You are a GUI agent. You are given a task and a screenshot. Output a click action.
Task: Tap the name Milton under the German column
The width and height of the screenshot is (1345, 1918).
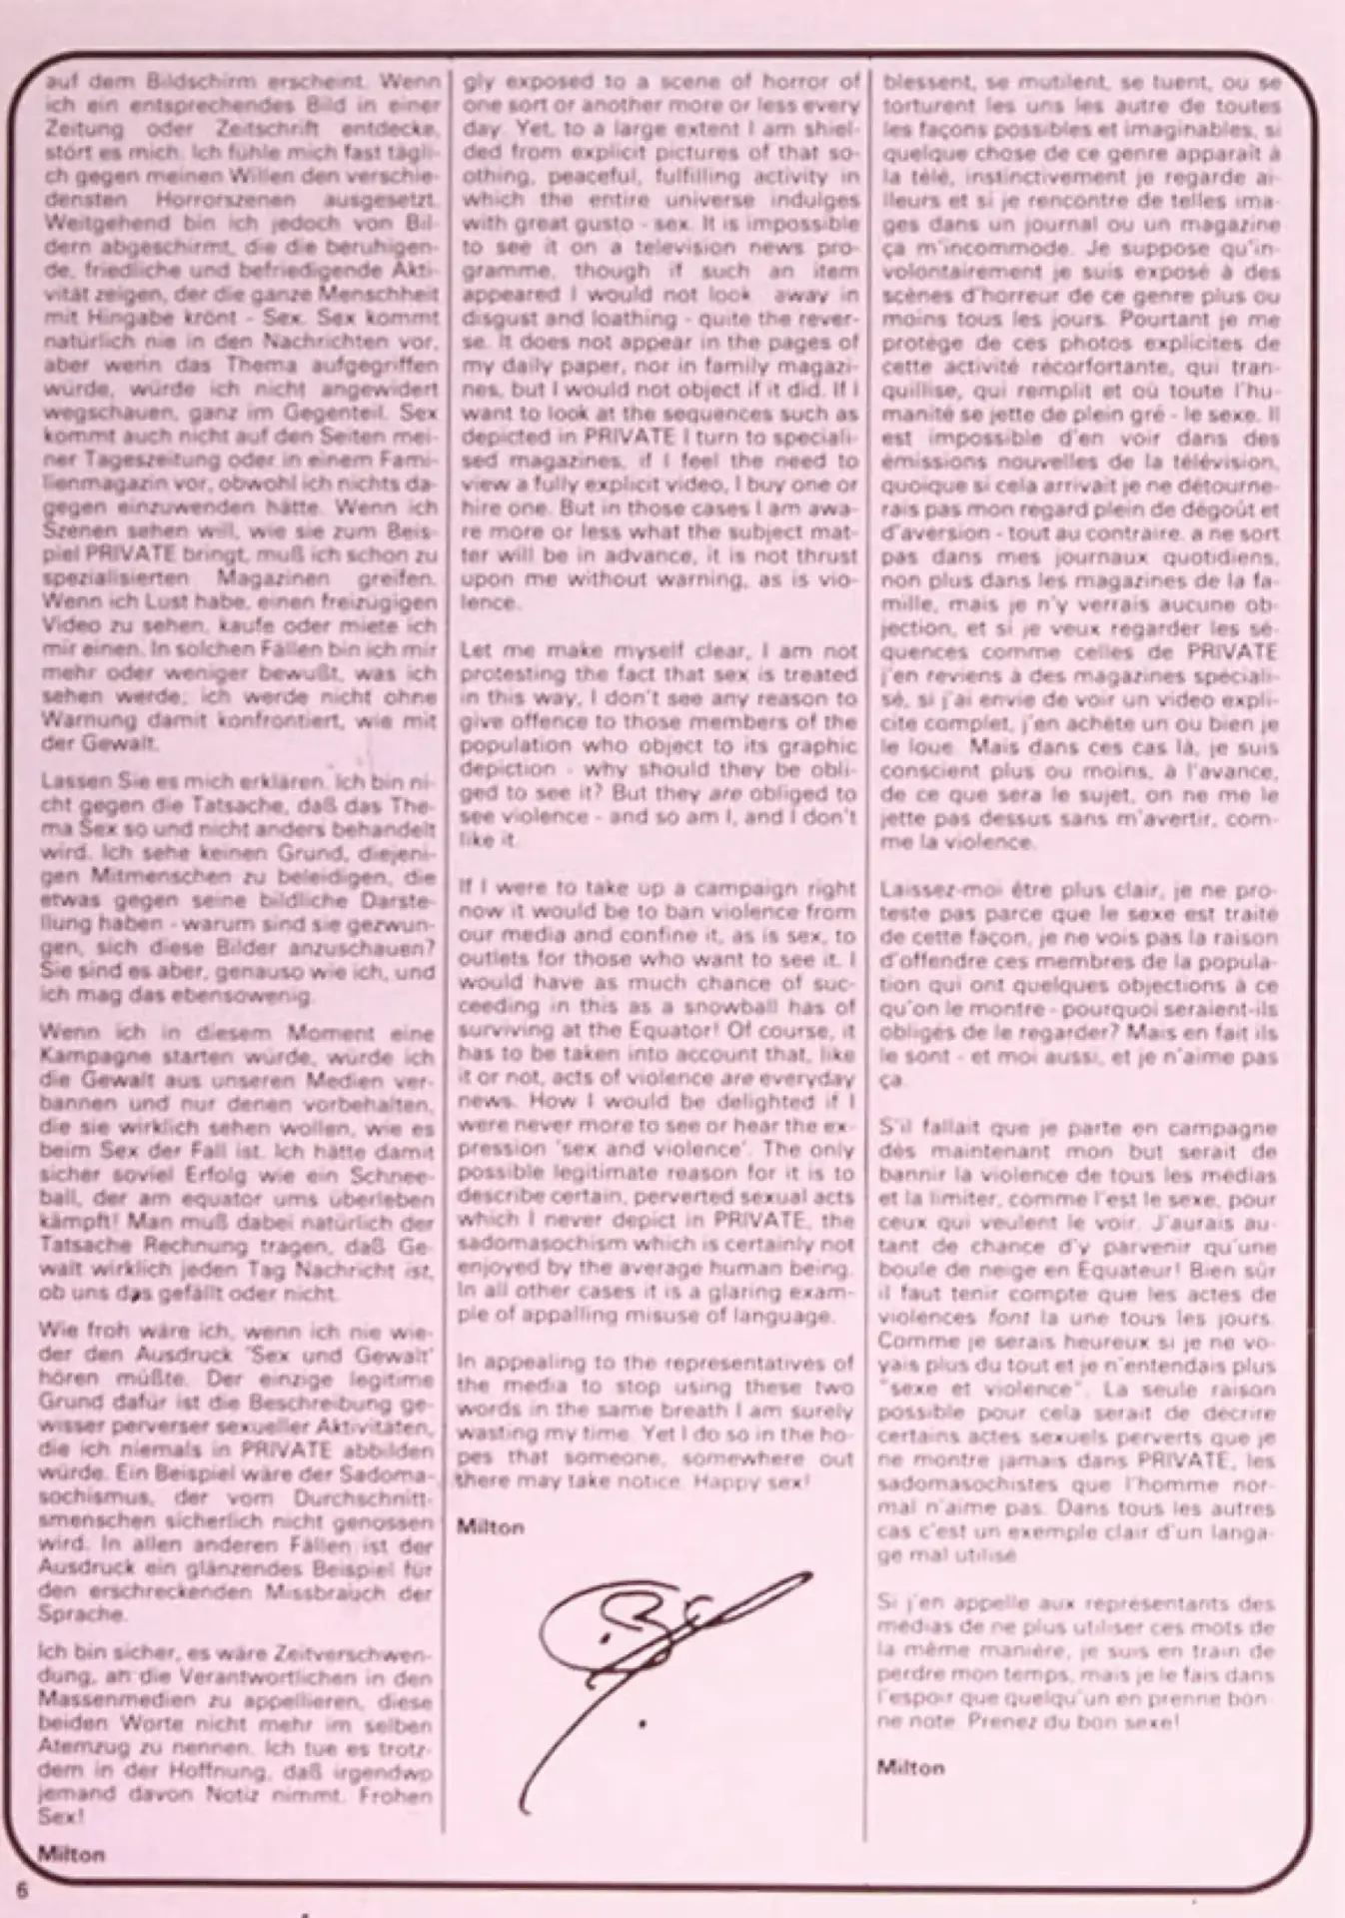[71, 1854]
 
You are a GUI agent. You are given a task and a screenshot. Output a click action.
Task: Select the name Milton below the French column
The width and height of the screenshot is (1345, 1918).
[910, 1767]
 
